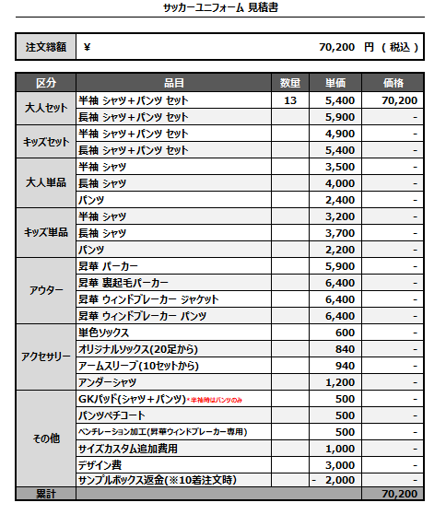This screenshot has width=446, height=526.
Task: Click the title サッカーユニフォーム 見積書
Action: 221,7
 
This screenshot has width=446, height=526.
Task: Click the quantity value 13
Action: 290,99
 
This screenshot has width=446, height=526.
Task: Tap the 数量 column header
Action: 291,82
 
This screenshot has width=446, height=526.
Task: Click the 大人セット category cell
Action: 45,108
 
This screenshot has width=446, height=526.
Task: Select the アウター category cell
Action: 45,290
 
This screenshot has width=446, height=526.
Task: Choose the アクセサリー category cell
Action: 45,357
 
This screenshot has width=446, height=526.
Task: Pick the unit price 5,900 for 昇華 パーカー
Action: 340,265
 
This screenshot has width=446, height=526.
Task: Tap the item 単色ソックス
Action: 105,332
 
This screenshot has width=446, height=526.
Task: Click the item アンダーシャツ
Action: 109,381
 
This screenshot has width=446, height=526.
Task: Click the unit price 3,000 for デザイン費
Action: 340,464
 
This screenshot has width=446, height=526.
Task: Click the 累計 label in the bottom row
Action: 45,495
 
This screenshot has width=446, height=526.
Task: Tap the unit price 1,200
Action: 340,381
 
